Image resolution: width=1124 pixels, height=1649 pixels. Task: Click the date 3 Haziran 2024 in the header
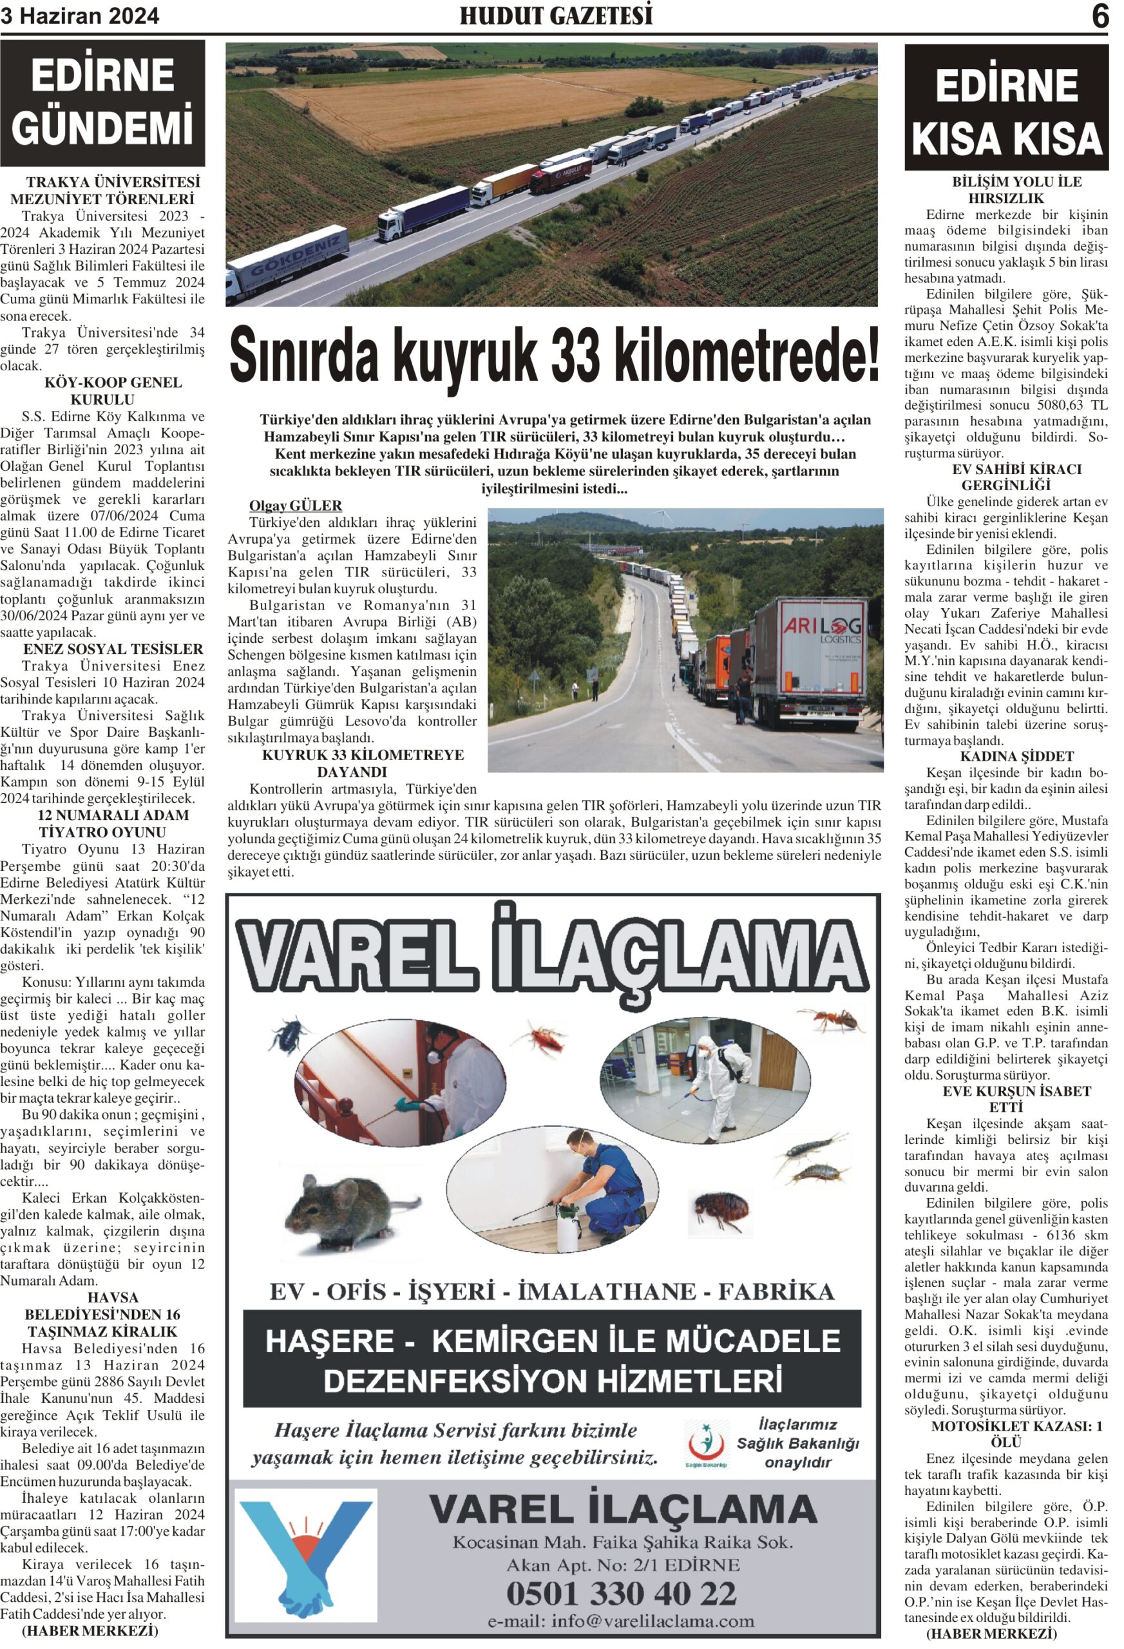pyautogui.click(x=79, y=15)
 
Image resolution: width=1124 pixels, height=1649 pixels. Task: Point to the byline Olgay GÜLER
pyautogui.click(x=295, y=505)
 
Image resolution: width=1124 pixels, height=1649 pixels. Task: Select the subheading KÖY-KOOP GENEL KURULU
pyautogui.click(x=112, y=391)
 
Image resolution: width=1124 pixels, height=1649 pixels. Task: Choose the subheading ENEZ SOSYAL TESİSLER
pyautogui.click(x=113, y=649)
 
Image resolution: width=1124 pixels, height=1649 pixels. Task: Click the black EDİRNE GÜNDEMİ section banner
pyautogui.click(x=102, y=103)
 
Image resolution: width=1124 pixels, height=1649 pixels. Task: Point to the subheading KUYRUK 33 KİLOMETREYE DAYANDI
pyautogui.click(x=363, y=763)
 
